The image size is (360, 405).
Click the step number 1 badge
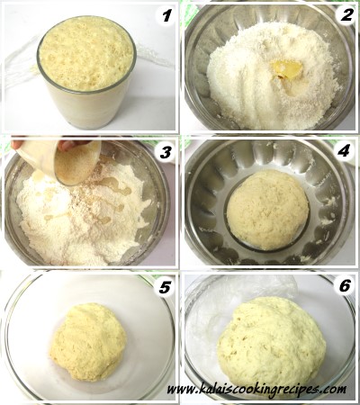click(166, 15)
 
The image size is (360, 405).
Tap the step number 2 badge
click(346, 15)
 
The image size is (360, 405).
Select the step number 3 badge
click(166, 152)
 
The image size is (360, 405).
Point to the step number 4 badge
click(343, 151)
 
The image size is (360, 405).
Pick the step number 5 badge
click(164, 288)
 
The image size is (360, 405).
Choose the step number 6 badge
click(345, 286)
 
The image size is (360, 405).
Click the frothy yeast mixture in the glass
click(86, 53)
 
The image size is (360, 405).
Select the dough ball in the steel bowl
click(267, 210)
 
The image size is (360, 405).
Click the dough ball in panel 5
click(88, 342)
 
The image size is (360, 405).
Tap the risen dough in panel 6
click(272, 345)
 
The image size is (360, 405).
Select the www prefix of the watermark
click(181, 390)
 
